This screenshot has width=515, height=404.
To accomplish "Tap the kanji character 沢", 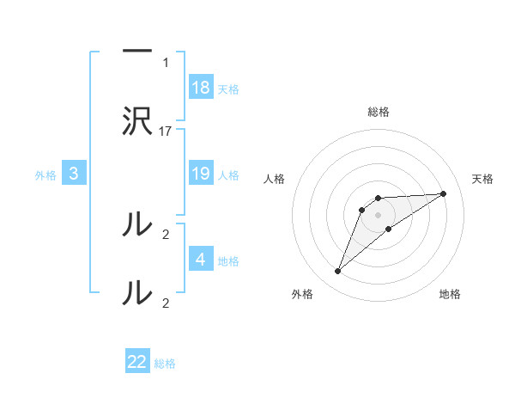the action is tap(137, 121).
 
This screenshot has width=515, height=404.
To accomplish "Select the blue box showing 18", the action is tap(201, 88).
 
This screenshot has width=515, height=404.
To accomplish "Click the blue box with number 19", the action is tap(201, 174).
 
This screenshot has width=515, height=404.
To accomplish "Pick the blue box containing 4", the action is tap(201, 260).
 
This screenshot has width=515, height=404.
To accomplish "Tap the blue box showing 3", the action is tap(74, 174).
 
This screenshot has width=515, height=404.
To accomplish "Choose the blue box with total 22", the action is tap(137, 362).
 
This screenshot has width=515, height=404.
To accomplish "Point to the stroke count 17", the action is tap(166, 132).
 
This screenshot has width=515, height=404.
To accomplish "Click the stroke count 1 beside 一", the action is tap(166, 62).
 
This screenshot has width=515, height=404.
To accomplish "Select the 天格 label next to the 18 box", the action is tap(228, 89).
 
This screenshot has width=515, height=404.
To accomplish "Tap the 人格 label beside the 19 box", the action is tap(228, 174).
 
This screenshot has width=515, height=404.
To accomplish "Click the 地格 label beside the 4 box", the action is tap(228, 260).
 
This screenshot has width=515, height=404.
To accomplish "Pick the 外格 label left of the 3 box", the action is tap(45, 174).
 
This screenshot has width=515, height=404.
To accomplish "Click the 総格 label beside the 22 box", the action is tap(165, 363).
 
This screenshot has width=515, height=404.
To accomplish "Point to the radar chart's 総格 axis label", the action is tap(378, 112).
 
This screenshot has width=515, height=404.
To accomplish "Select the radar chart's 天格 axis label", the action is tap(482, 179).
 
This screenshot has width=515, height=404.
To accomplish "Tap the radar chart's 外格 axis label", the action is tap(302, 295).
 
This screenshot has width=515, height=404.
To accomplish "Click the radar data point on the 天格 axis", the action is tap(444, 193).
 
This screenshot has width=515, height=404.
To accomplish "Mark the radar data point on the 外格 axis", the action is tap(337, 272).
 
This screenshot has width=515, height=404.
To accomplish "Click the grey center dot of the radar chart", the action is tap(378, 215).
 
